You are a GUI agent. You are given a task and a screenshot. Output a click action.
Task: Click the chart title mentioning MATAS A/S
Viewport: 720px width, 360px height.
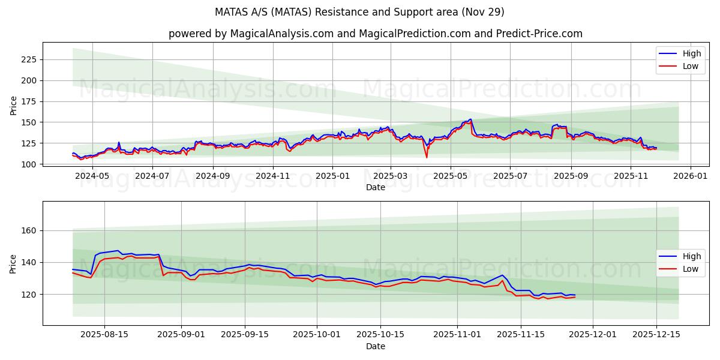pos(359,12)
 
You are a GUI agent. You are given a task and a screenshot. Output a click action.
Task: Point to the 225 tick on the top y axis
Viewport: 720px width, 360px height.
pos(29,59)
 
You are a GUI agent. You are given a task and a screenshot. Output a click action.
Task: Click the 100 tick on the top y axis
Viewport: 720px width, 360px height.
pos(29,164)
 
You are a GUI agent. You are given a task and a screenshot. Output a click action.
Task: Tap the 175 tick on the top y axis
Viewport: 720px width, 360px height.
pos(29,101)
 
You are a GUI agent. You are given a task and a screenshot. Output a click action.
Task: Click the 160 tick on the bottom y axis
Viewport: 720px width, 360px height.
pos(29,230)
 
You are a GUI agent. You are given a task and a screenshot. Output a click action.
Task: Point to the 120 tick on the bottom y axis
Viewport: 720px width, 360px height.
pos(29,294)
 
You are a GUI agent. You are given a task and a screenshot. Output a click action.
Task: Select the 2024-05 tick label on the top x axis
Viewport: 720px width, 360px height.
pos(93,176)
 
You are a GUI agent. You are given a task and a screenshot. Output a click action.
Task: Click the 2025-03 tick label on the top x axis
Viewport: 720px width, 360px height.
pos(391,176)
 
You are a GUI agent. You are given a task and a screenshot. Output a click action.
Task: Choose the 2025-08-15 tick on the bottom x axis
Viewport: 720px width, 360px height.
pos(104,334)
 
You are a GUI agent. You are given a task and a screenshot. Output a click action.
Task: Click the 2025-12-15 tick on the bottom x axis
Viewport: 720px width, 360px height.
pos(656,334)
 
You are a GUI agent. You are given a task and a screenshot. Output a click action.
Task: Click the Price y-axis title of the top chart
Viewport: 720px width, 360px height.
pos(14,106)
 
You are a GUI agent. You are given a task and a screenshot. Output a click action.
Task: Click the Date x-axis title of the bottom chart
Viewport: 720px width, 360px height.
pos(375,346)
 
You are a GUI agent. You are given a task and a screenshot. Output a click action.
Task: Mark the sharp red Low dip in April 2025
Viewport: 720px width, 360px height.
pos(427,157)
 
